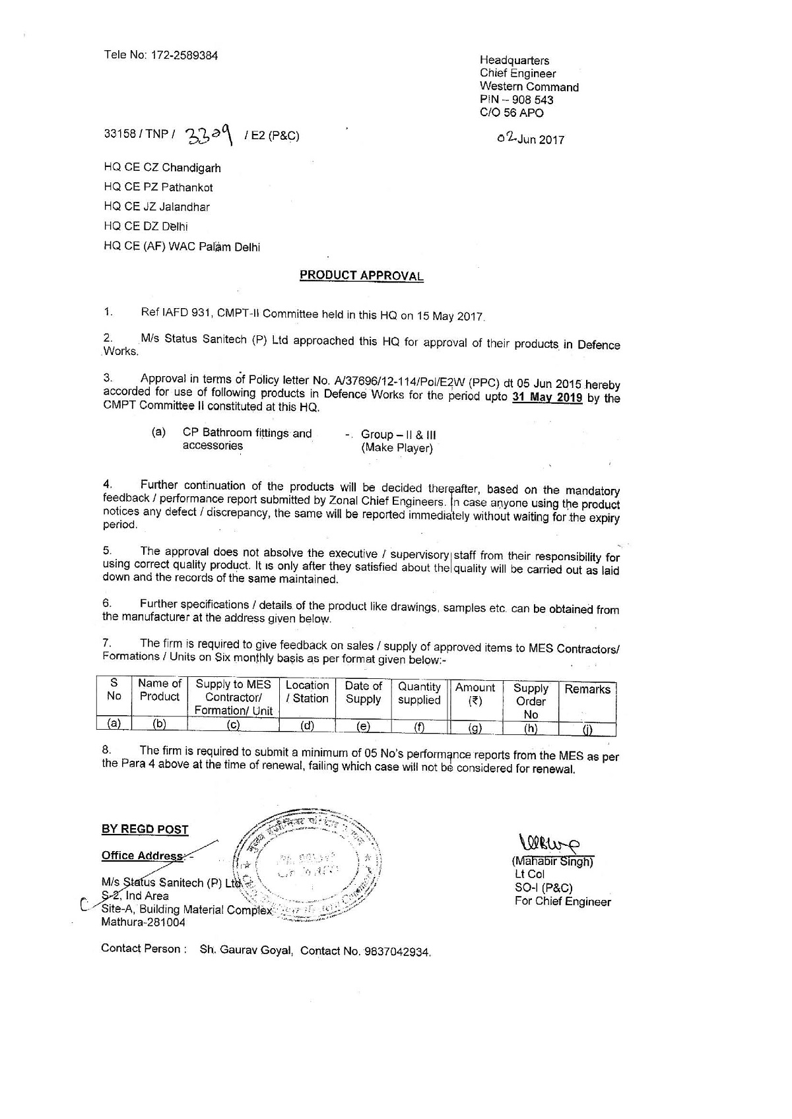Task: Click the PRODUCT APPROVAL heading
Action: coord(361,275)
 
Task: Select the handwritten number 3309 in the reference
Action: coord(210,135)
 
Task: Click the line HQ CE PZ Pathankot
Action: coord(158,187)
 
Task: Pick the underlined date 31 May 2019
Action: coord(547,397)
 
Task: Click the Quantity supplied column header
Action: coord(419,693)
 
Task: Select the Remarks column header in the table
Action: coord(587,689)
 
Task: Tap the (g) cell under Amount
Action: coord(475,728)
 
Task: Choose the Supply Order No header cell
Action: coord(531,701)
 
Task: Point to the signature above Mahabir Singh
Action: coord(550,843)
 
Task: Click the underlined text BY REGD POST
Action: coord(145,829)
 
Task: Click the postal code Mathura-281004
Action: coord(143,922)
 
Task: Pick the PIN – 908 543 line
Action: coord(517,100)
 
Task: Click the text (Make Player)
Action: coord(397,449)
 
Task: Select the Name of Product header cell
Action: coord(160,690)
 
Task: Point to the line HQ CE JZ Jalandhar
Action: coord(157,207)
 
